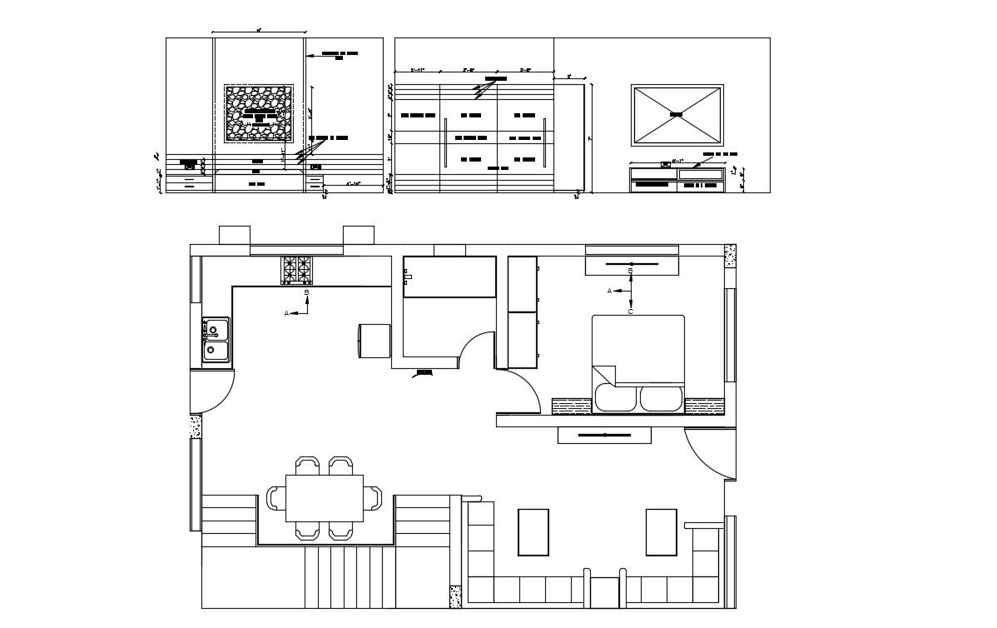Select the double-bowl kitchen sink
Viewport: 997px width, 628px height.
pos(216,341)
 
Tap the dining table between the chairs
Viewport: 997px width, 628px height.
pos(325,498)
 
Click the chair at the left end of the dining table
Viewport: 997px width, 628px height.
pos(275,498)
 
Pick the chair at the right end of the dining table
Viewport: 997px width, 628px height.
pos(374,498)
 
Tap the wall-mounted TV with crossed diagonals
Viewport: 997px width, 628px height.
pos(677,114)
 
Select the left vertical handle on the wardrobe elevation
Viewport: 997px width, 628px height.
pos(446,142)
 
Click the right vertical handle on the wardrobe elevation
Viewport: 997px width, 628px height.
pos(544,142)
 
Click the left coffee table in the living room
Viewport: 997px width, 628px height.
pos(533,531)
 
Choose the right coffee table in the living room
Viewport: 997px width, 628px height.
pos(662,531)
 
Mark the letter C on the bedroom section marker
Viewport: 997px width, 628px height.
pos(630,312)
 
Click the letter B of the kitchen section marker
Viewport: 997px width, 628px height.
pos(306,293)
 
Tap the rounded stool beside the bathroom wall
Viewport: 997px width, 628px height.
pos(374,341)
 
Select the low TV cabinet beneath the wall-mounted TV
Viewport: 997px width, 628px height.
pos(676,179)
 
